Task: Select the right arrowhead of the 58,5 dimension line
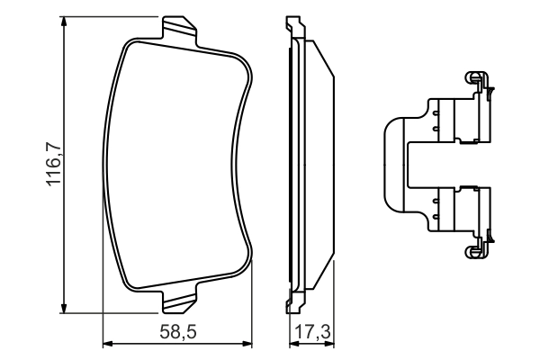[248, 343]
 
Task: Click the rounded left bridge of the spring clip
[389, 165]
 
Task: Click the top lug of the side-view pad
[292, 27]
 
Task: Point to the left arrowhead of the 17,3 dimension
[292, 343]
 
